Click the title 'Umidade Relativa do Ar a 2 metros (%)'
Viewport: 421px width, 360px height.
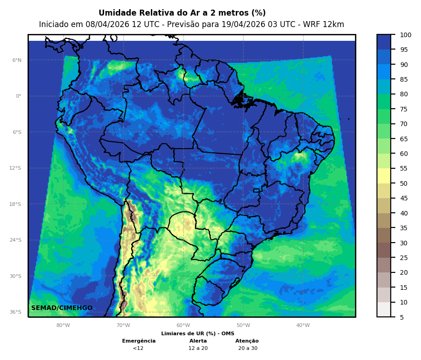click(x=182, y=13)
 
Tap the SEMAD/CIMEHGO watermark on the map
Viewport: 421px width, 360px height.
click(x=62, y=308)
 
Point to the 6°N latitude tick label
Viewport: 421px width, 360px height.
click(x=17, y=60)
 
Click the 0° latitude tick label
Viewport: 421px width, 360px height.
click(x=18, y=96)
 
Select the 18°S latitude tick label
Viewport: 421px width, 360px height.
click(x=16, y=204)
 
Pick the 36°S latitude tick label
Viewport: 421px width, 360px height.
click(x=16, y=312)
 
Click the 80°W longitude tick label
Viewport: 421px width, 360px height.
click(x=63, y=326)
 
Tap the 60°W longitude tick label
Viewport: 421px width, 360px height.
click(x=183, y=326)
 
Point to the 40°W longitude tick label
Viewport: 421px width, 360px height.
click(x=303, y=326)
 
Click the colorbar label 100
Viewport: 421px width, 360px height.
click(x=405, y=35)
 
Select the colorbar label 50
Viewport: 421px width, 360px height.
click(x=404, y=183)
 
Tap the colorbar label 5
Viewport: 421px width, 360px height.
click(x=402, y=317)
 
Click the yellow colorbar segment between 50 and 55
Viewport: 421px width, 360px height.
click(x=384, y=176)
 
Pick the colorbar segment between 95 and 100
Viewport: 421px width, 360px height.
click(x=384, y=42)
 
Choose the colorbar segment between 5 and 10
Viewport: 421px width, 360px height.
click(x=384, y=309)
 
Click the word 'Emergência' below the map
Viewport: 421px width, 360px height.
click(x=138, y=341)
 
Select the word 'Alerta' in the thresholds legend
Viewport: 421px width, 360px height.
click(x=198, y=341)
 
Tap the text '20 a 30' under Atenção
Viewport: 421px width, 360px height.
click(x=248, y=348)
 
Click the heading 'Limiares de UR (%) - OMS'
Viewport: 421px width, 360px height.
click(x=198, y=333)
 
